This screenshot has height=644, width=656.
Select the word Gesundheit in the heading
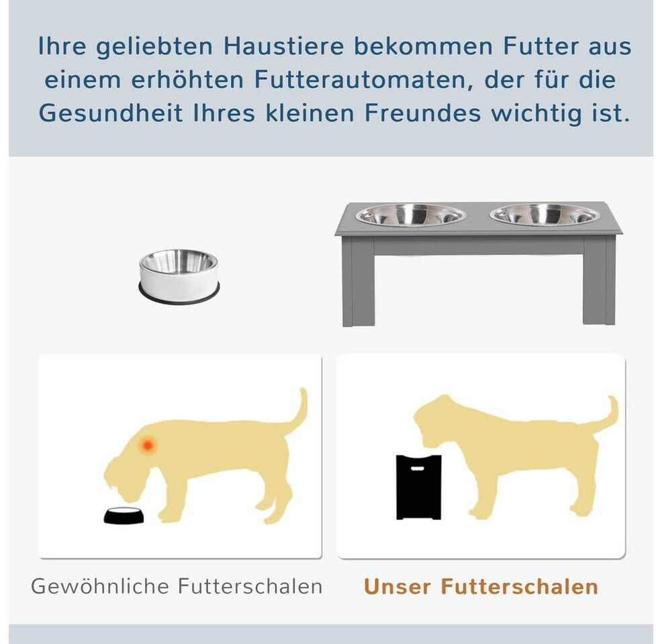click(x=111, y=113)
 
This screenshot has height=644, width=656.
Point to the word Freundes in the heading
click(x=422, y=113)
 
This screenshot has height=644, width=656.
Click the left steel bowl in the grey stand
click(x=410, y=215)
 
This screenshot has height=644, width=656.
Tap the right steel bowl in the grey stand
click(x=545, y=215)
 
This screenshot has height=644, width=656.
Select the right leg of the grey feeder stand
click(x=599, y=281)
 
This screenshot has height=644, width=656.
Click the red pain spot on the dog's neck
click(x=147, y=445)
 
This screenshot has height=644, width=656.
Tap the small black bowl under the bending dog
click(x=124, y=516)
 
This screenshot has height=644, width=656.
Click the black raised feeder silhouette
click(x=418, y=487)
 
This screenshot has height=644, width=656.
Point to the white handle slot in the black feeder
click(x=417, y=468)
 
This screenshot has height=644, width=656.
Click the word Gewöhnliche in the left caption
click(x=99, y=586)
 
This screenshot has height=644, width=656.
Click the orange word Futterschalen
click(x=520, y=587)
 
